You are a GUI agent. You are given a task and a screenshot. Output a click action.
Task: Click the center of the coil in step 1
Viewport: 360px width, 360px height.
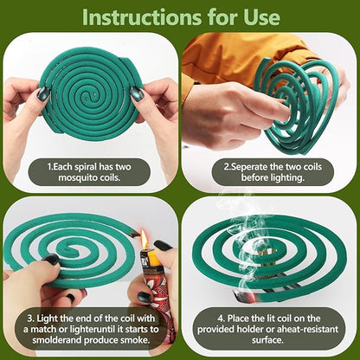(x=90, y=91)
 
